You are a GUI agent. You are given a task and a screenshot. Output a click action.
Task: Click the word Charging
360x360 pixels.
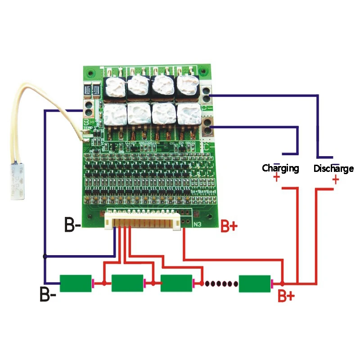tap(280, 168)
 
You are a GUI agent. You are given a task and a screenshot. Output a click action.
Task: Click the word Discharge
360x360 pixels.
tap(333, 169)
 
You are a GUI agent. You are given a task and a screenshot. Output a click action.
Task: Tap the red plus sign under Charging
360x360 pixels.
tap(276, 178)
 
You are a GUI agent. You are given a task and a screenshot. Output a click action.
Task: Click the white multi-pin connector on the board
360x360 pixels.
tap(142, 220)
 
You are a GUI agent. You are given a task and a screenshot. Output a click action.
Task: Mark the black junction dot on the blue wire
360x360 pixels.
tap(44, 256)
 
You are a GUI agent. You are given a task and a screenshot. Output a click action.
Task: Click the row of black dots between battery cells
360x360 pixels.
tap(221, 283)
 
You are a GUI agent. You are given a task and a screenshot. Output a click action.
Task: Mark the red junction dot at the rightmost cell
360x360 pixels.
tap(282, 283)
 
